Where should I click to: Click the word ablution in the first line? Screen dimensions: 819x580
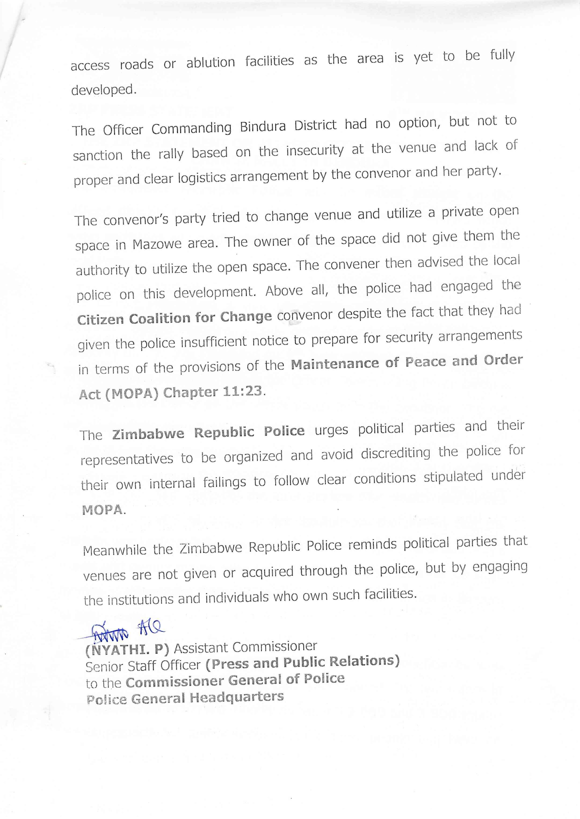210,62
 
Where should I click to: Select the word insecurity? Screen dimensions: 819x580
314,150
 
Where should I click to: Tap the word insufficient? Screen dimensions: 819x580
213,342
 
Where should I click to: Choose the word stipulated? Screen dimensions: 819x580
453,477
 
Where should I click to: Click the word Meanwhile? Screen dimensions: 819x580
114,550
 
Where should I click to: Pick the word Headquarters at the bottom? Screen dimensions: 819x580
236,697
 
